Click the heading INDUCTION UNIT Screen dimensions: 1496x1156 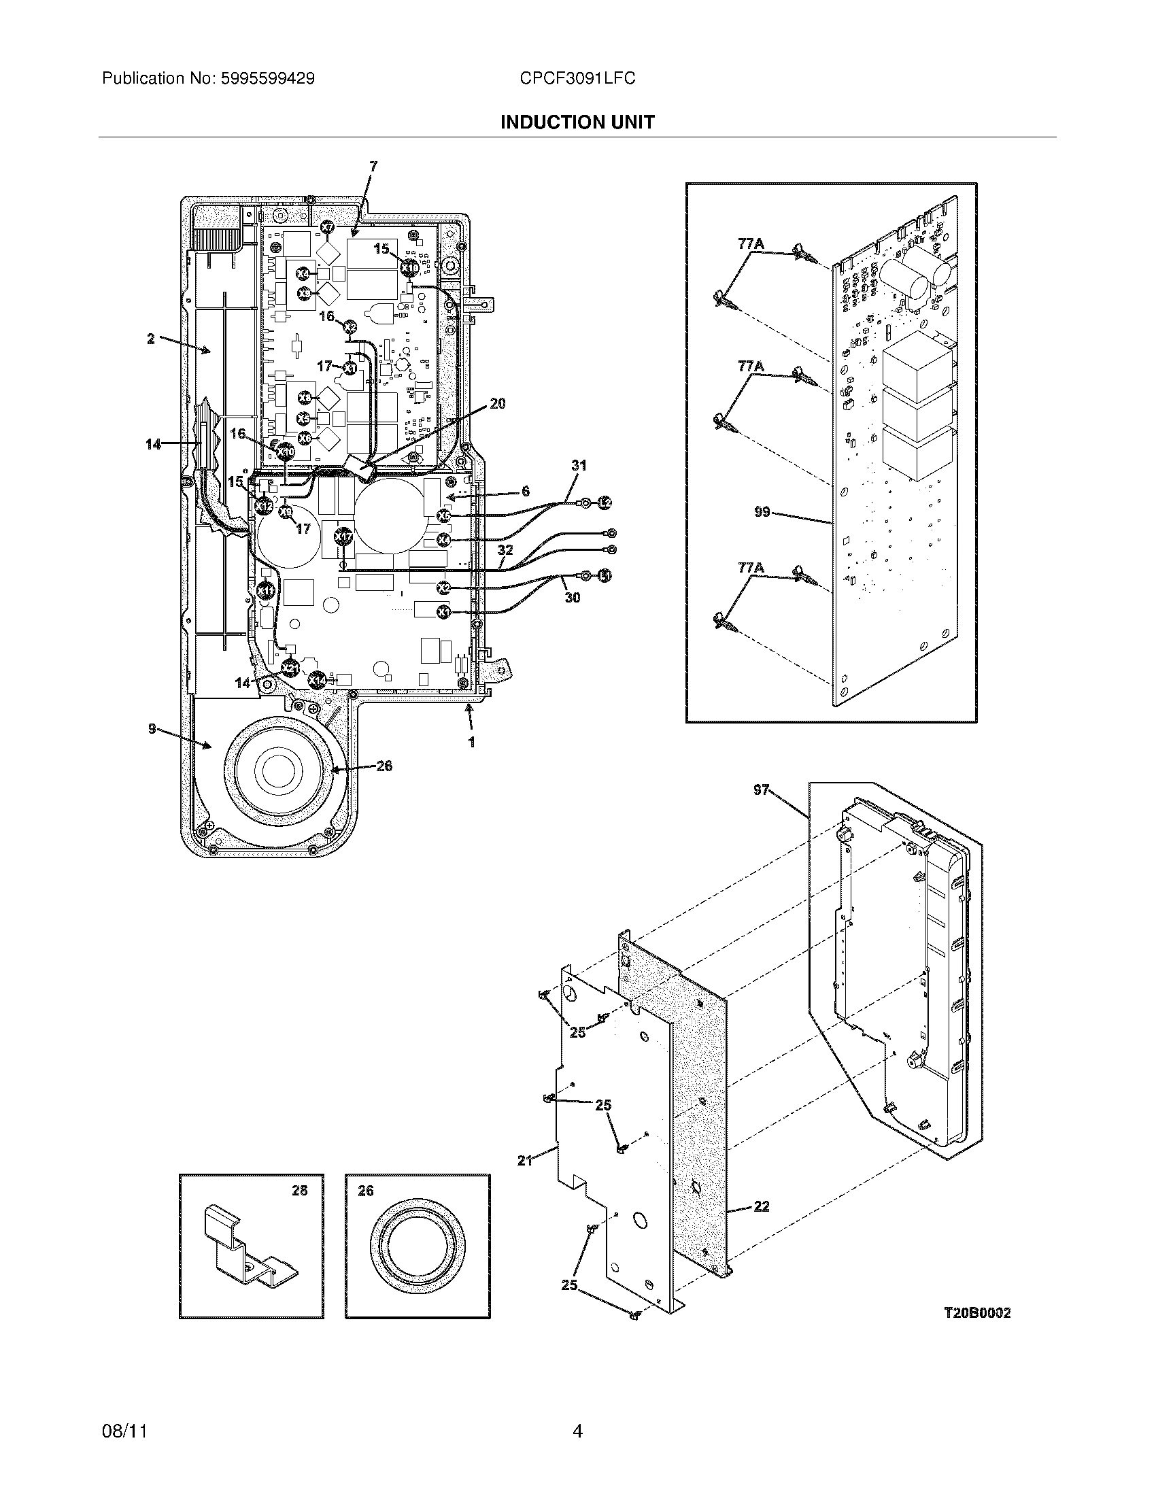(x=577, y=122)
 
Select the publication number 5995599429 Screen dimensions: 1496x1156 (x=267, y=79)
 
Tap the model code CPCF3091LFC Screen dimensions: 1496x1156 (x=577, y=79)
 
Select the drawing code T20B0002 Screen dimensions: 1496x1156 (x=976, y=1313)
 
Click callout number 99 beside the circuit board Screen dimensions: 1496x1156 (x=762, y=511)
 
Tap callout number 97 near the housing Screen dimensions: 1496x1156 (x=761, y=791)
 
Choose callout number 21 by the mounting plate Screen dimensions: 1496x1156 (x=524, y=1160)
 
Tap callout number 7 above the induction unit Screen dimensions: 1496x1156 (x=373, y=166)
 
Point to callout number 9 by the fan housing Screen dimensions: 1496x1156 (x=152, y=729)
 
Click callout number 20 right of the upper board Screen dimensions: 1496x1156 (x=498, y=403)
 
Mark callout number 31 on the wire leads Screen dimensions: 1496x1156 (x=579, y=466)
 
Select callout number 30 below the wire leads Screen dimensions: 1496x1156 (x=572, y=597)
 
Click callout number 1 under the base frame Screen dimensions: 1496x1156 (x=471, y=741)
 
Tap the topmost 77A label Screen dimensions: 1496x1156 (x=751, y=243)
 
